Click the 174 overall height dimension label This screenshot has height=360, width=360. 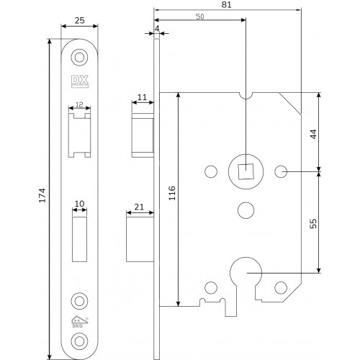tap(42, 195)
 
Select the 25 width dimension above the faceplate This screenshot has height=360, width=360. tap(79, 21)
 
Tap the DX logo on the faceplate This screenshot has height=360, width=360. tap(80, 81)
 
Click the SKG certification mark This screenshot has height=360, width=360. tap(80, 322)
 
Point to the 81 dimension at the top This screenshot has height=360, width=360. tap(226, 4)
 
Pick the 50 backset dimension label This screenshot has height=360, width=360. tap(199, 17)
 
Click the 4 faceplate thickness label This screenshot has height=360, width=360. tap(157, 29)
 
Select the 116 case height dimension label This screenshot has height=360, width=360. tap(172, 193)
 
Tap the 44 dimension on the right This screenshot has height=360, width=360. tap(313, 134)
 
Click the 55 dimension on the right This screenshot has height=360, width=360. tap(313, 223)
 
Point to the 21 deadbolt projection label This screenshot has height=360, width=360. tap(139, 207)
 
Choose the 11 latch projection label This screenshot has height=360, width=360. tap(142, 97)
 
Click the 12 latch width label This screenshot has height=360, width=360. tap(79, 104)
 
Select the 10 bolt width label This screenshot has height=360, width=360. tap(79, 204)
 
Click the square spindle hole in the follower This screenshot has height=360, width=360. tap(246, 171)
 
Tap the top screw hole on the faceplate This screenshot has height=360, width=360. tap(79, 57)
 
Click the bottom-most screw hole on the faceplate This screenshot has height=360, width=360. tap(79, 341)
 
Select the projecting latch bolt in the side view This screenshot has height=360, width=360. tap(143, 135)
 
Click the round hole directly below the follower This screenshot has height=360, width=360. tap(246, 210)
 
